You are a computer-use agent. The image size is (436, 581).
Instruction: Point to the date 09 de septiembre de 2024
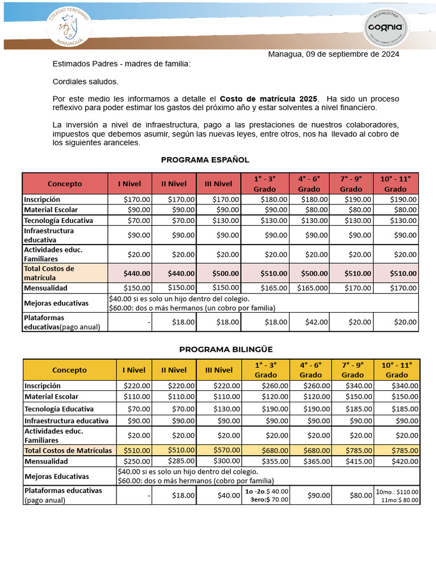point(352,54)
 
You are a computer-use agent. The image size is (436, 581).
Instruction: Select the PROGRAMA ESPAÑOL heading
point(205,160)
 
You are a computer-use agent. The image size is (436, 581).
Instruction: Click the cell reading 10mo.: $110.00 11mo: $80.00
point(397,495)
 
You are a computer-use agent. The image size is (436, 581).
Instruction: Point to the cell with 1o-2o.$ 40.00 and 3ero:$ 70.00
point(266,495)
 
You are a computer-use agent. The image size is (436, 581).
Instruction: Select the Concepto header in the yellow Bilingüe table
point(69,370)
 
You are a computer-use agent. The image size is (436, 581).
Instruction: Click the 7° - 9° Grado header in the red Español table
point(351,183)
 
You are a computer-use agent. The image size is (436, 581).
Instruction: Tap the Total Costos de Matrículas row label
point(68,450)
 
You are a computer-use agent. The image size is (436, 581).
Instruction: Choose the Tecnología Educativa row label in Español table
point(58,220)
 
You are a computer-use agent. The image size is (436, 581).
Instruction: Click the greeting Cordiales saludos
point(86,81)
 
